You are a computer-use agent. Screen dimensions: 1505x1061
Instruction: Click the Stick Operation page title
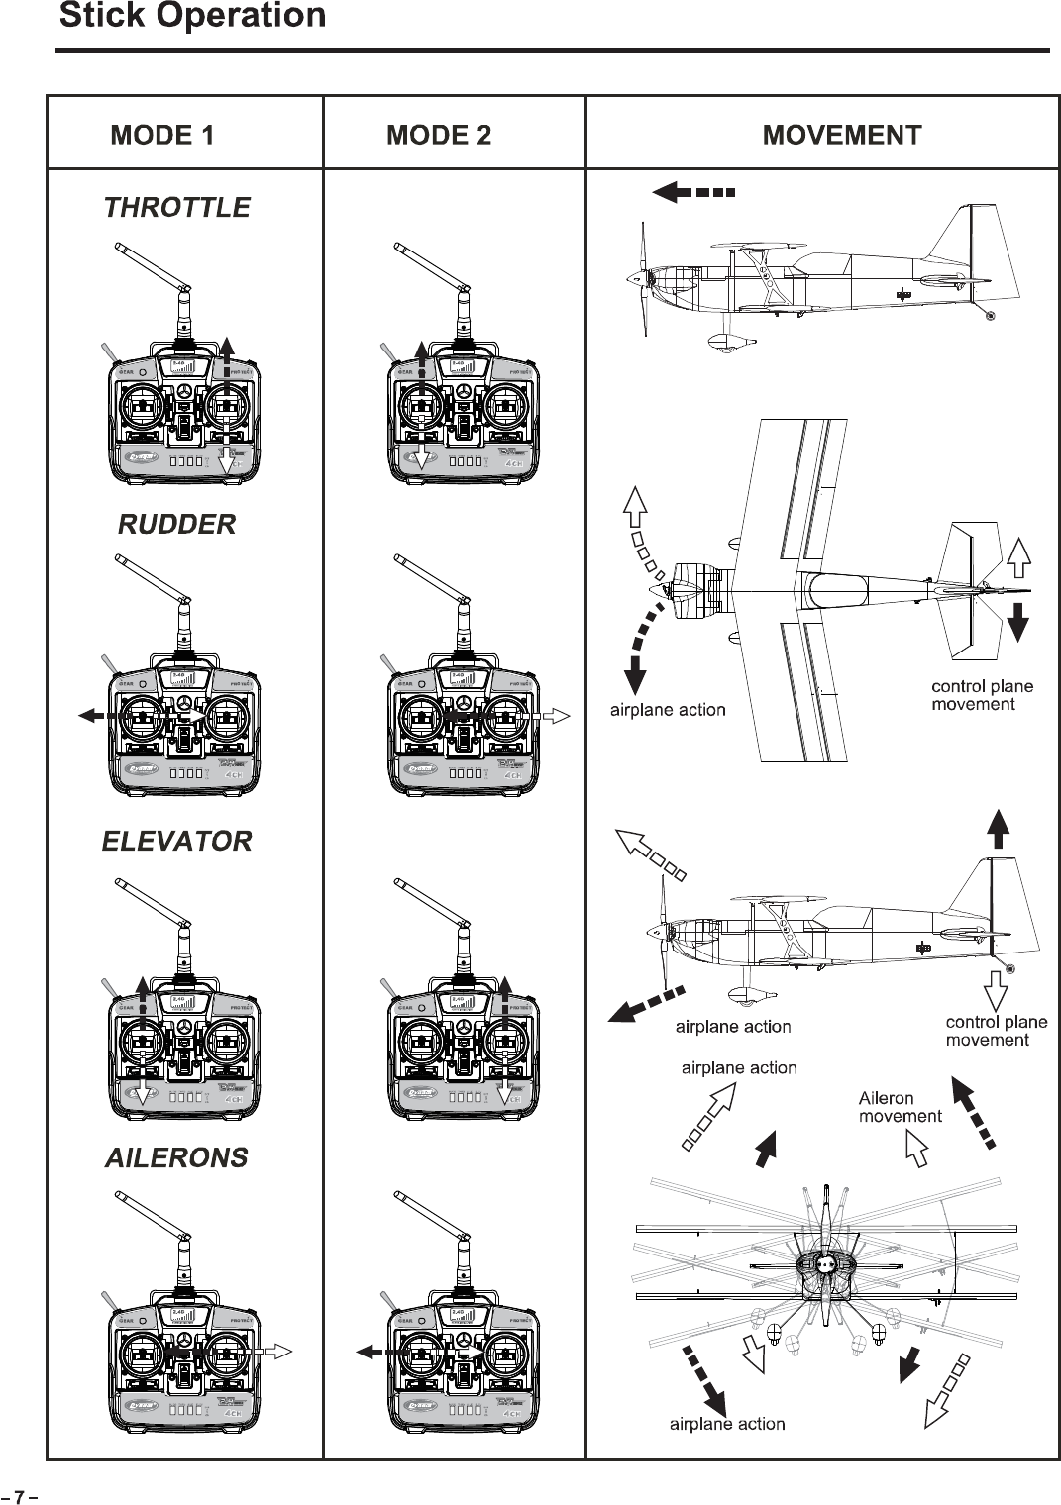(192, 16)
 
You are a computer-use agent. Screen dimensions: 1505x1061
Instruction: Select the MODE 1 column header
(162, 135)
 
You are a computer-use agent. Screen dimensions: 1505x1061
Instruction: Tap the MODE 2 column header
(439, 135)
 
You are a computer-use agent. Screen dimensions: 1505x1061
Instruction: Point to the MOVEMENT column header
(842, 135)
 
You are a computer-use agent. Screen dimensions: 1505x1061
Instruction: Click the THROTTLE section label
(177, 208)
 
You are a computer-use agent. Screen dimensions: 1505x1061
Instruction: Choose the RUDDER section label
(177, 525)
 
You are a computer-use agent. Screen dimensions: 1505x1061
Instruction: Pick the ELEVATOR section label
(177, 842)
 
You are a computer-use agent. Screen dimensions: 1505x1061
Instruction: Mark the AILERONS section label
(177, 1157)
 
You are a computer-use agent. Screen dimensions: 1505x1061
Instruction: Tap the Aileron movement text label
(900, 1107)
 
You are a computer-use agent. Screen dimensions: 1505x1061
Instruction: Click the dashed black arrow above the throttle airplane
(693, 192)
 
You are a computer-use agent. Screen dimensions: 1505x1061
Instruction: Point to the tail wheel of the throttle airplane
(990, 315)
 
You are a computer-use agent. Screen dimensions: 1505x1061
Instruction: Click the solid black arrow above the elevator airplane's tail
(999, 829)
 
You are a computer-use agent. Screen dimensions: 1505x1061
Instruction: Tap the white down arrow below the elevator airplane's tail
(995, 991)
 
